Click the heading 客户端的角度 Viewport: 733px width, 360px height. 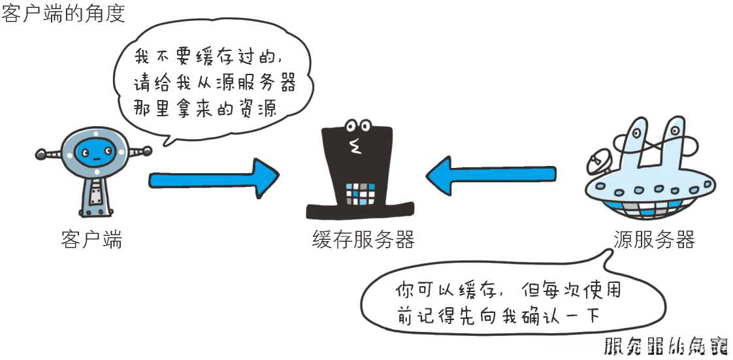click(x=63, y=13)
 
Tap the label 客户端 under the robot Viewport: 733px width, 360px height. click(x=91, y=240)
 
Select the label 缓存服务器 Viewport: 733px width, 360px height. click(x=363, y=240)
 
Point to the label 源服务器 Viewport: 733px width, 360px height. click(x=654, y=240)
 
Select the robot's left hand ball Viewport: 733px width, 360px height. click(x=41, y=155)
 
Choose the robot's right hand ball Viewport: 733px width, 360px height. click(x=147, y=150)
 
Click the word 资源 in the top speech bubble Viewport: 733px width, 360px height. click(x=259, y=108)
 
